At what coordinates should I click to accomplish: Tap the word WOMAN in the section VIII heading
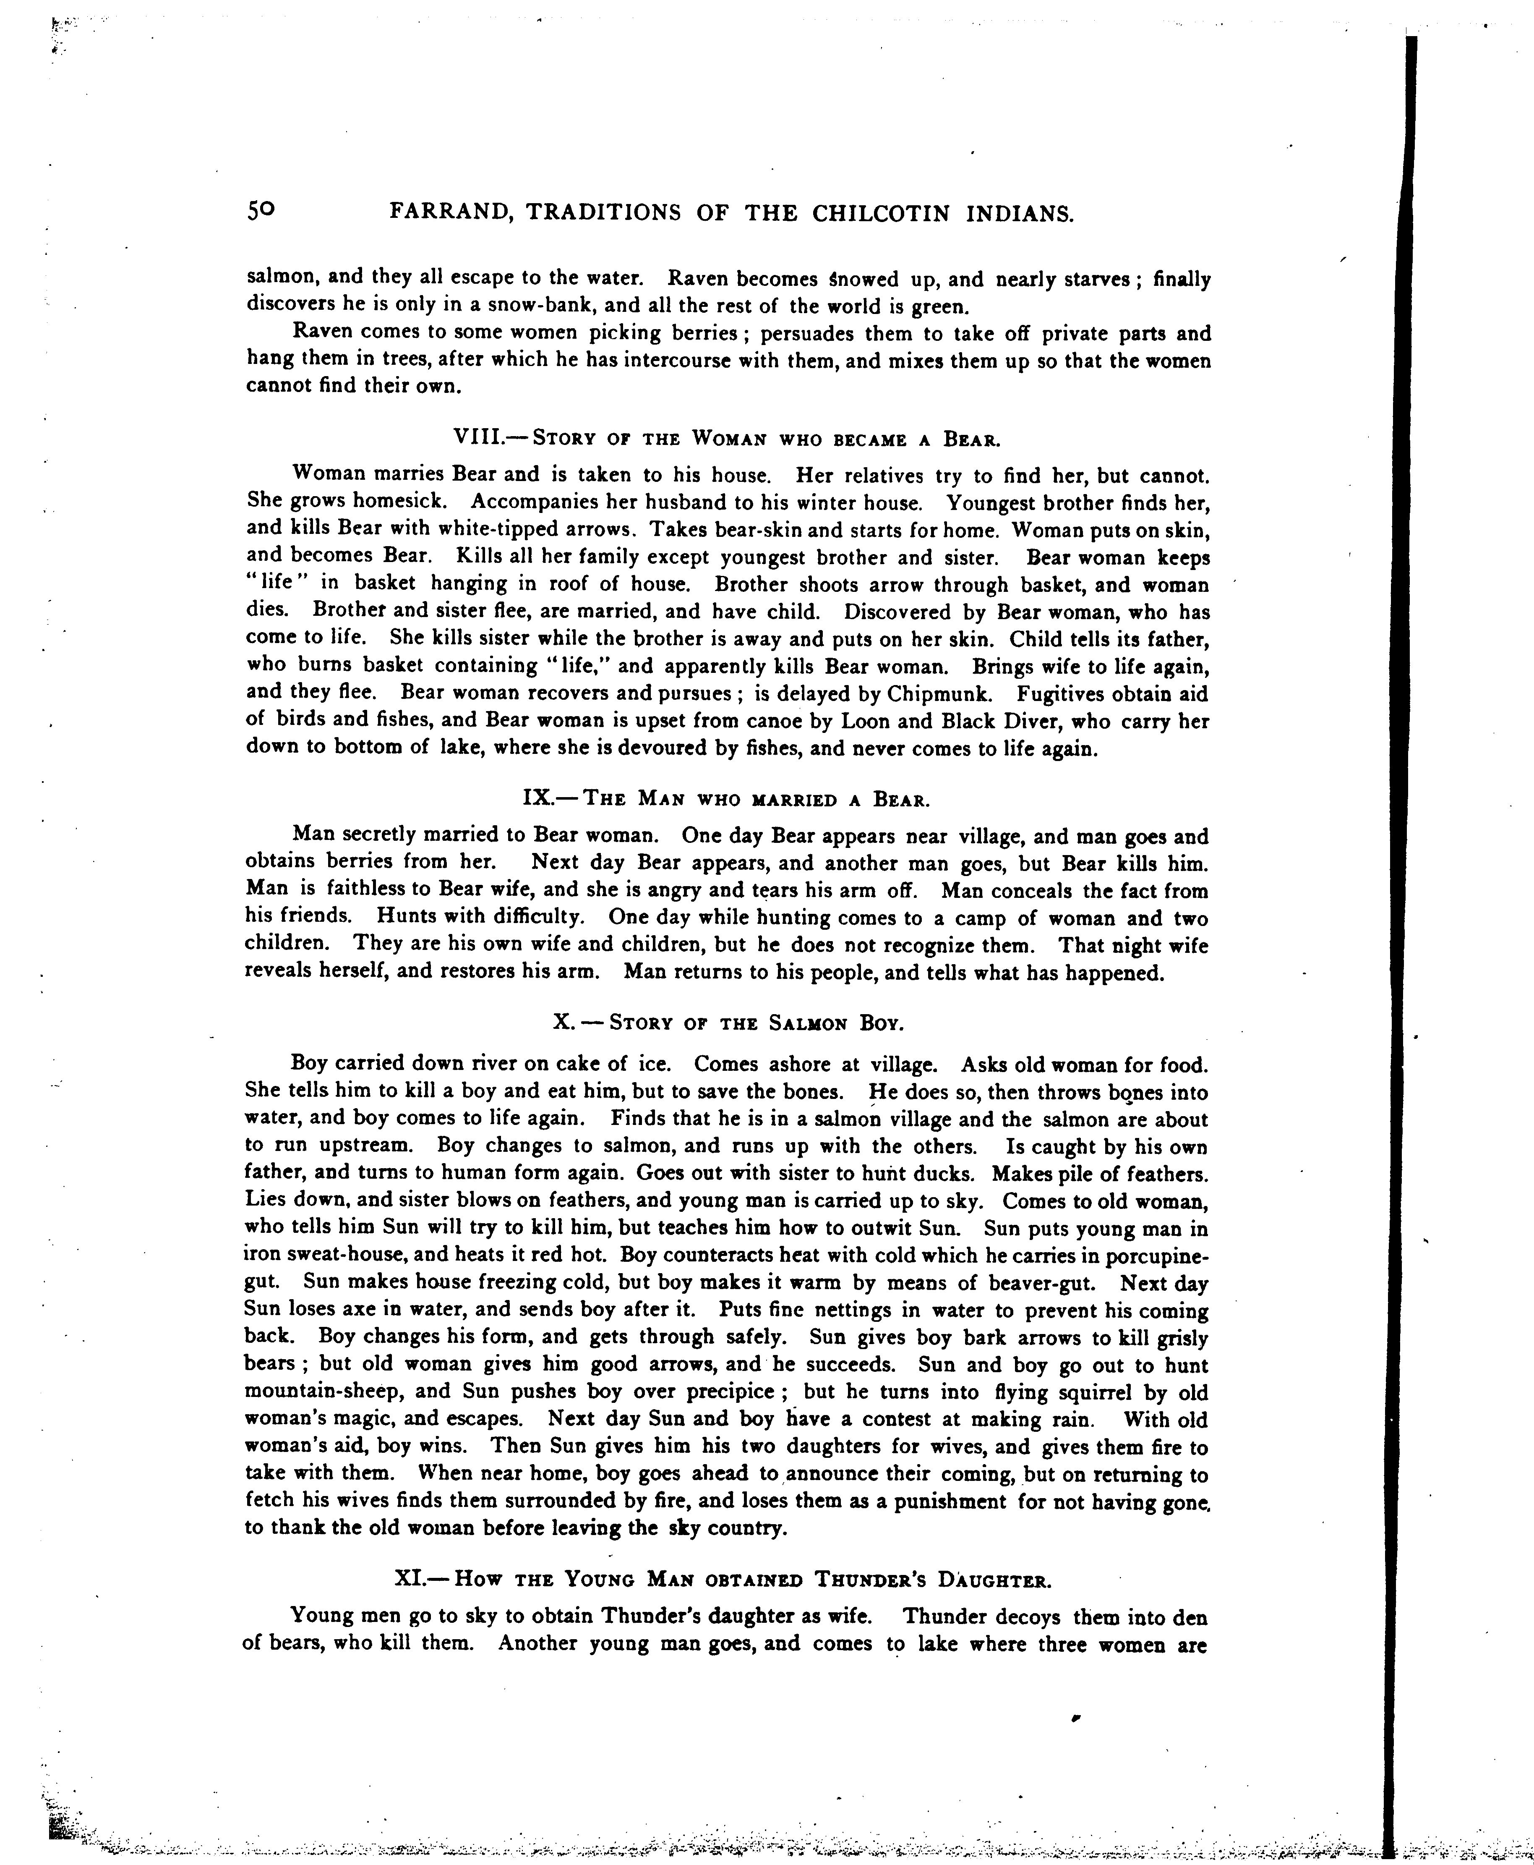[x=726, y=438]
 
